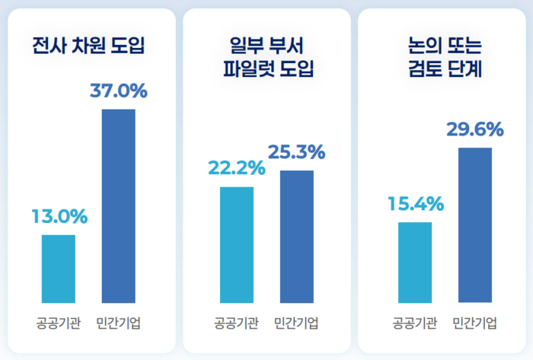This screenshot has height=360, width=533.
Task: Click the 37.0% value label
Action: click(118, 91)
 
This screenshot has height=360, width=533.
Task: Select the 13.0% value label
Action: click(59, 216)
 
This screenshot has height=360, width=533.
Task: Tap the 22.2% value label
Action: click(236, 168)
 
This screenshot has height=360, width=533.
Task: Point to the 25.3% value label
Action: click(296, 152)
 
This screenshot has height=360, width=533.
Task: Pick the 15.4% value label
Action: click(415, 204)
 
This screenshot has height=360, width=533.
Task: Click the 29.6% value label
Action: click(474, 129)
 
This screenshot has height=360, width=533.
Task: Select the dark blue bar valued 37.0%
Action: click(118, 205)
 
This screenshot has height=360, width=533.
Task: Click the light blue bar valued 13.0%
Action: click(59, 268)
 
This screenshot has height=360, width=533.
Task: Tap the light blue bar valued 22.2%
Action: click(237, 244)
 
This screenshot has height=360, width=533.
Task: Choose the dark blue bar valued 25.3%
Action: click(297, 236)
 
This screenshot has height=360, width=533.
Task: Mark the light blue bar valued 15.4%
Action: click(415, 262)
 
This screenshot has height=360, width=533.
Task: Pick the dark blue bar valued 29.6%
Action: click(475, 225)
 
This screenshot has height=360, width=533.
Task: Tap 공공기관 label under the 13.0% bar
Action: click(58, 322)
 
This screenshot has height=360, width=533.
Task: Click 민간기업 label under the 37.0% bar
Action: click(119, 322)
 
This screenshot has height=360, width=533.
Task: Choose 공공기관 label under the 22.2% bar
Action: click(236, 322)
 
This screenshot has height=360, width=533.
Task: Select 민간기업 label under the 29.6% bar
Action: click(475, 322)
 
